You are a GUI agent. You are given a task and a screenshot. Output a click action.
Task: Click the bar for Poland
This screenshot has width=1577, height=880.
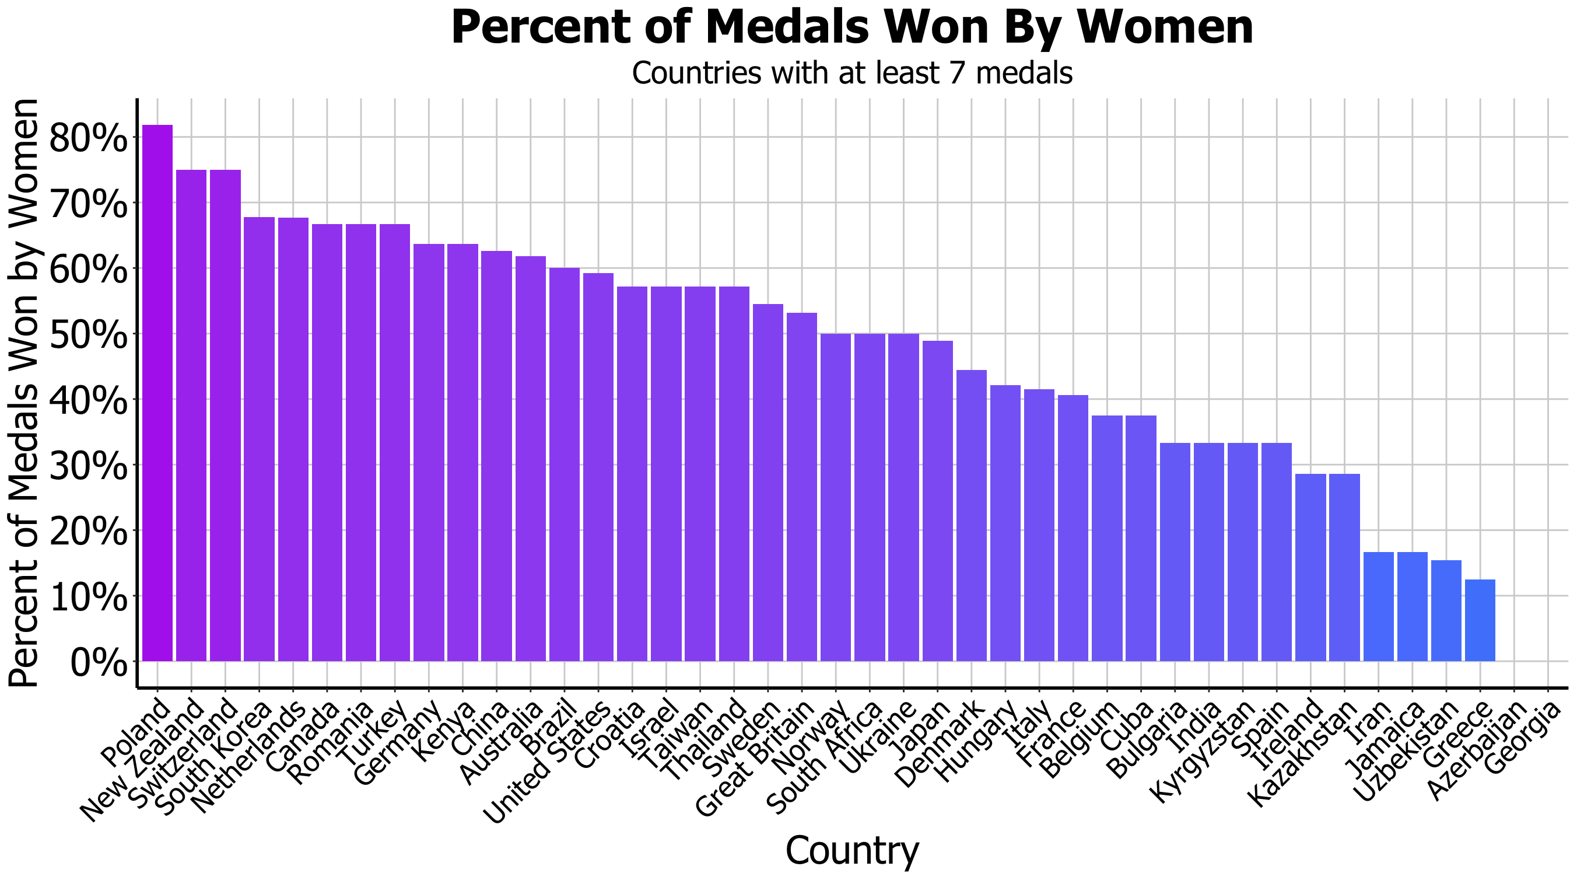click(x=157, y=393)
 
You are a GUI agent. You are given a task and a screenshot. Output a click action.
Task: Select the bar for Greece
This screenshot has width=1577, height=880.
click(x=1480, y=620)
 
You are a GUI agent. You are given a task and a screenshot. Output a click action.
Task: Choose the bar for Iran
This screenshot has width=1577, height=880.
click(x=1378, y=606)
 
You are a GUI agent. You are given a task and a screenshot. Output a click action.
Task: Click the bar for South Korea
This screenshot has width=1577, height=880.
click(x=259, y=438)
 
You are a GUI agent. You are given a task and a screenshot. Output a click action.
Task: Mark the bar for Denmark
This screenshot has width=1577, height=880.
click(x=972, y=515)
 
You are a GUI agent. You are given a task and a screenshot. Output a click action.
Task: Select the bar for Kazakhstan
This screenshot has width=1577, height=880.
click(x=1344, y=567)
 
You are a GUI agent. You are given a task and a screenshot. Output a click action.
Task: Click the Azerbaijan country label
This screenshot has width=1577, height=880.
click(x=1476, y=759)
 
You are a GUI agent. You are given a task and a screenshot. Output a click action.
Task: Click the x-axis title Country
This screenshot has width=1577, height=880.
click(x=851, y=850)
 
